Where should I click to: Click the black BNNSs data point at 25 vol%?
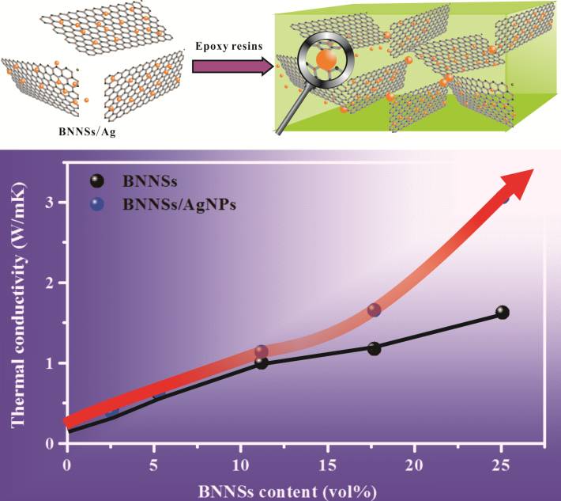click(502, 313)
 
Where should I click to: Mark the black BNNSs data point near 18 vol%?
click(374, 348)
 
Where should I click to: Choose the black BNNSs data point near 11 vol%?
click(262, 362)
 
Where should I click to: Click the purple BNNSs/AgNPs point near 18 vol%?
click(374, 310)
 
